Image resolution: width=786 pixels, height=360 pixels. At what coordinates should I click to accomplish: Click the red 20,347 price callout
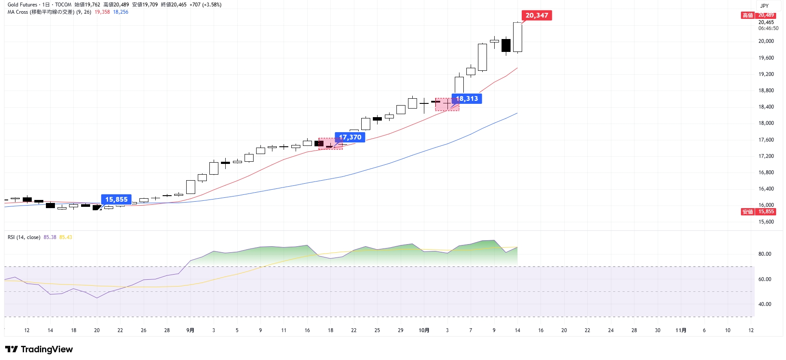click(536, 15)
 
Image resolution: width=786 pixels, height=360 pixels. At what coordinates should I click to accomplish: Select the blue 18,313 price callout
click(467, 99)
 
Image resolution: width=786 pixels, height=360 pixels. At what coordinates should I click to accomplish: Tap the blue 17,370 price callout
click(350, 137)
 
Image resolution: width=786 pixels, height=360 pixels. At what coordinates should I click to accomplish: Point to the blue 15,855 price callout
click(116, 200)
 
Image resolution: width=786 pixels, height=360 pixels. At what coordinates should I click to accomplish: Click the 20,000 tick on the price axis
click(766, 41)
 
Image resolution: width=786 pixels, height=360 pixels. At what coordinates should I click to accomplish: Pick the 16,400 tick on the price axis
click(766, 189)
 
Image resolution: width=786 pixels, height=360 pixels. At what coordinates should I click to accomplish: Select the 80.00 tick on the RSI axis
click(765, 254)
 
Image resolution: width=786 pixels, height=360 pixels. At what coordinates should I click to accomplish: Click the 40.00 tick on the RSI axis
click(765, 304)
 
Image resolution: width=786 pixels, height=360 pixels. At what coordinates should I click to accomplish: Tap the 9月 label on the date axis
click(190, 330)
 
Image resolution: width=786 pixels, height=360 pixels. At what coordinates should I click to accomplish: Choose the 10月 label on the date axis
click(424, 330)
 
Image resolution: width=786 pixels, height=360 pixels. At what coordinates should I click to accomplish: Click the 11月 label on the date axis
click(680, 330)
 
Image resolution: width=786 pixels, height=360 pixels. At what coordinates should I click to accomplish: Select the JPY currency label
click(765, 6)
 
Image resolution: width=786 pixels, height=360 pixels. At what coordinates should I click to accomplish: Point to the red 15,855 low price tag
click(766, 212)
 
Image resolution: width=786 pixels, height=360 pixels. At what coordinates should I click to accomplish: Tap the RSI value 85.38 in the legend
click(50, 237)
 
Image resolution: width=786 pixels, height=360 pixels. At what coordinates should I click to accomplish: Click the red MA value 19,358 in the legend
click(102, 12)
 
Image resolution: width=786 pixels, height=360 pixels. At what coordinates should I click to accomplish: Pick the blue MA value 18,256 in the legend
click(121, 12)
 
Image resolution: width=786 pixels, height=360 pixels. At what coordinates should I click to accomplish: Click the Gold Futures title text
click(22, 5)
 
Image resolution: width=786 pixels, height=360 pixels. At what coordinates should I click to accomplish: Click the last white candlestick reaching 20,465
click(517, 37)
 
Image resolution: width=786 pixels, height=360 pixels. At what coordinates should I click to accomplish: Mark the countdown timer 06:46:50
click(768, 28)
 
